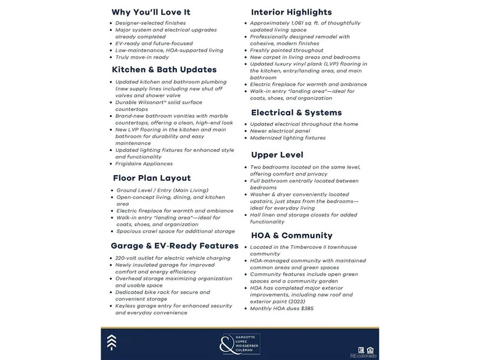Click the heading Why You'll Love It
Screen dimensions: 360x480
coord(151,12)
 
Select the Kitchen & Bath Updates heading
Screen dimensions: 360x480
coord(164,70)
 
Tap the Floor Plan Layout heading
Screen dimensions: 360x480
coord(151,178)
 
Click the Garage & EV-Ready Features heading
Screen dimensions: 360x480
coord(175,246)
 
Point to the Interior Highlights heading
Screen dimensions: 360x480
coord(291,12)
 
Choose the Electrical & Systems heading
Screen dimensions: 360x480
coord(296,112)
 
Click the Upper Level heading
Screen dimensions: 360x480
coord(277,155)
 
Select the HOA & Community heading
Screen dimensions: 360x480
coord(291,236)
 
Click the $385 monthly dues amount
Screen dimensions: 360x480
coord(305,308)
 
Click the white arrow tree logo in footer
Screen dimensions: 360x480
coord(111,343)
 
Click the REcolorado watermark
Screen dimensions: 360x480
coord(363,355)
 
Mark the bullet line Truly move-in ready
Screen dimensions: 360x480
coord(142,57)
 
